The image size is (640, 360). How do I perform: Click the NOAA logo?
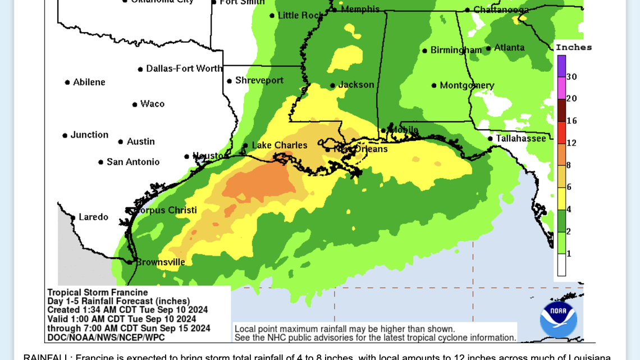(558, 319)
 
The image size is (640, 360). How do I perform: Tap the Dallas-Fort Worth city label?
(184, 69)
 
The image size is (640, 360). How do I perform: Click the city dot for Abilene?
(67, 83)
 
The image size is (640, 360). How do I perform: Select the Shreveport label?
(259, 80)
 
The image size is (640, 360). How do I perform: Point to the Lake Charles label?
(280, 145)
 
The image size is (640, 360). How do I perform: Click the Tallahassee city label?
(520, 138)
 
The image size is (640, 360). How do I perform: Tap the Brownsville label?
(160, 262)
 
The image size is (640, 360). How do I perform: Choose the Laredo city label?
(93, 217)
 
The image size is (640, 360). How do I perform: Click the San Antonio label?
(133, 162)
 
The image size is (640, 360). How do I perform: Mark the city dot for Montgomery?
(434, 86)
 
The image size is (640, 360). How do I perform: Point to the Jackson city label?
(356, 85)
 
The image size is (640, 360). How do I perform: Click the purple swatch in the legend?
(561, 66)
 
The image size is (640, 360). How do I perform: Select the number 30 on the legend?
(572, 77)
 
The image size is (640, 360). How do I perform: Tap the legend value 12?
(572, 143)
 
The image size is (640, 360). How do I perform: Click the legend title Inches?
(574, 47)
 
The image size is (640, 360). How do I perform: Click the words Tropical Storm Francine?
(97, 292)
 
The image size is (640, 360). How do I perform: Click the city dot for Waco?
(135, 104)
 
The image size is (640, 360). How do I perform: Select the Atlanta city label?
(509, 48)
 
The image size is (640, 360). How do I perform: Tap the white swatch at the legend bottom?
(561, 265)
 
